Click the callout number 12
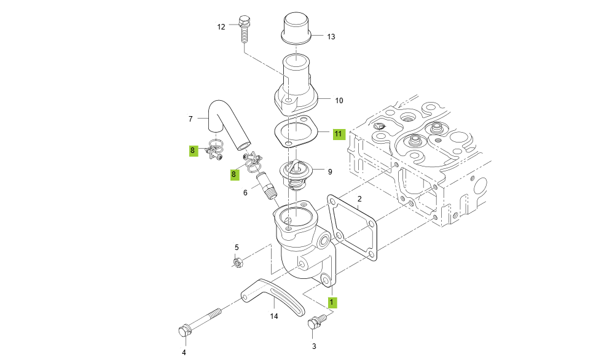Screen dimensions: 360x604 tap(221, 27)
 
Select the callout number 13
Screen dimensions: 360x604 tap(331, 37)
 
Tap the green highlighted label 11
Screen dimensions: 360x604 tap(339, 133)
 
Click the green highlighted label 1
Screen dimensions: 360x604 tap(331, 302)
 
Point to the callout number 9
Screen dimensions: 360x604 tap(330, 172)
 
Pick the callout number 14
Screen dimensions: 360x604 tap(274, 316)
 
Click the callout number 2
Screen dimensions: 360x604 tap(359, 198)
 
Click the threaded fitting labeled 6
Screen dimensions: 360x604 tap(266, 185)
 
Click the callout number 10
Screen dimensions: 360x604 tap(339, 100)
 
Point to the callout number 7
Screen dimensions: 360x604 tap(190, 118)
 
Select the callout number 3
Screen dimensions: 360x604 tap(314, 346)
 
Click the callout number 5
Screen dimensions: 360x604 tap(237, 247)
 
